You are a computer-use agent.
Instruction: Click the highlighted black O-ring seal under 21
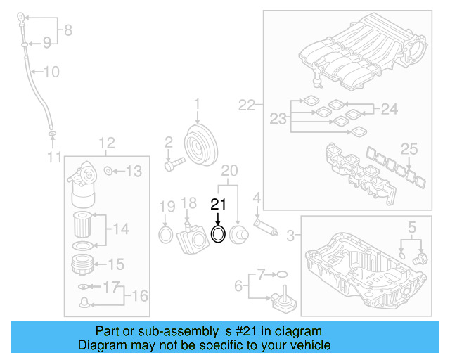click(219, 233)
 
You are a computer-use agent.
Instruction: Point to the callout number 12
click(106, 144)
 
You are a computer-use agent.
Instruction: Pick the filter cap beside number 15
click(83, 265)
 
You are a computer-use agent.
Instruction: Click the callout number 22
click(246, 105)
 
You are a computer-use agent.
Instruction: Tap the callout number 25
click(409, 148)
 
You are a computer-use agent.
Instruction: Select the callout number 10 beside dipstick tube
click(52, 71)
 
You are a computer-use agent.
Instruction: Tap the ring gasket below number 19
click(165, 233)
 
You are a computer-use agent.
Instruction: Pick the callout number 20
click(229, 170)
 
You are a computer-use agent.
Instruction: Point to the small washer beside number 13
click(108, 171)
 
